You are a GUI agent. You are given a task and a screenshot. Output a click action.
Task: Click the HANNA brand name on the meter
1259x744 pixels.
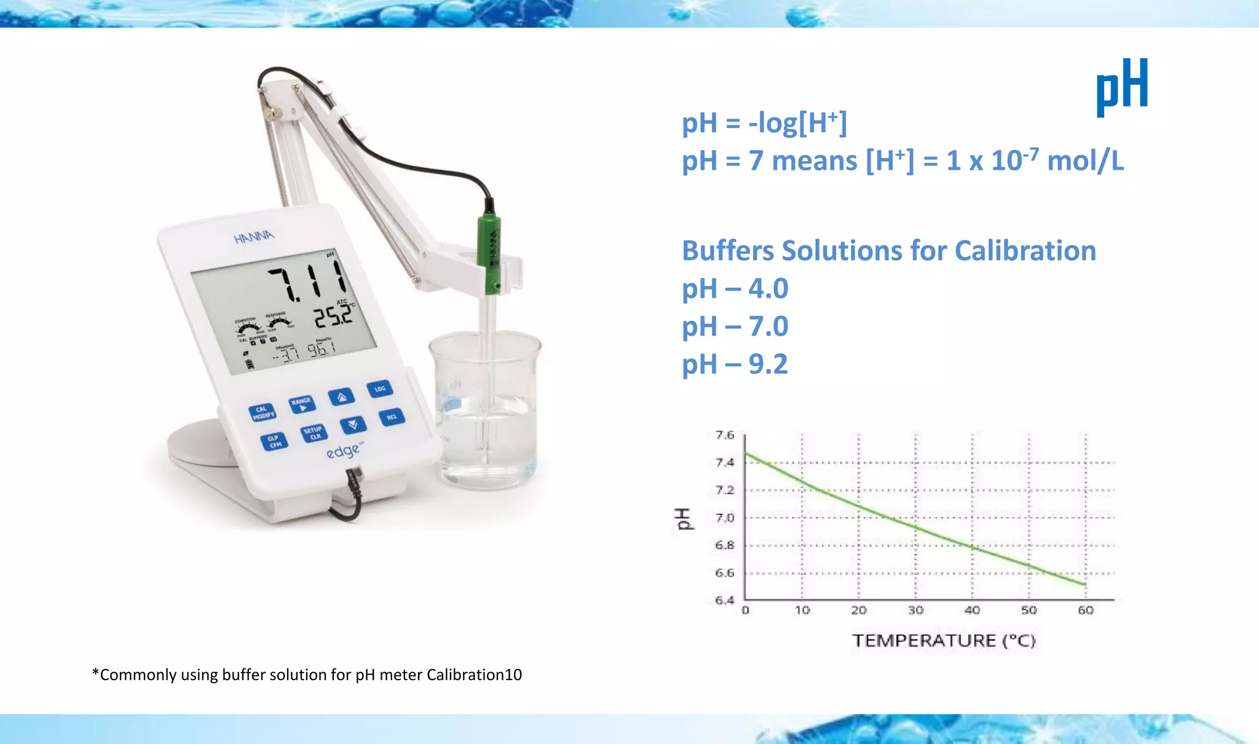(x=254, y=236)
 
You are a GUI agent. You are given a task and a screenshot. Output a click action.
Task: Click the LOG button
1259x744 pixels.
(x=380, y=389)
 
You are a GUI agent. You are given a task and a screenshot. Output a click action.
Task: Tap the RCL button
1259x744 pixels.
(x=392, y=417)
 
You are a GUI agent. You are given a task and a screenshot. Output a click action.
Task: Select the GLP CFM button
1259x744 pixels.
(x=274, y=441)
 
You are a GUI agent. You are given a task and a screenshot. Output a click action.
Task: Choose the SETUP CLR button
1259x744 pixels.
(x=314, y=433)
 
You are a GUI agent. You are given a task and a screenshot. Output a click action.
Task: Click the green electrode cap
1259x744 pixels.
(x=490, y=252)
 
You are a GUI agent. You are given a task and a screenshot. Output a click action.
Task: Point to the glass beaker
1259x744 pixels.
(x=486, y=412)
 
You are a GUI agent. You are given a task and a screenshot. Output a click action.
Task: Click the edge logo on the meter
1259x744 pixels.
(x=343, y=452)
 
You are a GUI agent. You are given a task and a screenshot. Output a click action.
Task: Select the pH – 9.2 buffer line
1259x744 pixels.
(x=735, y=364)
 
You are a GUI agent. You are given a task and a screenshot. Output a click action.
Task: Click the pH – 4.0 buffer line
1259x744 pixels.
(x=735, y=288)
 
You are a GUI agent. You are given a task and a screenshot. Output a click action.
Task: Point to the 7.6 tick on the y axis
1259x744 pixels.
(x=725, y=435)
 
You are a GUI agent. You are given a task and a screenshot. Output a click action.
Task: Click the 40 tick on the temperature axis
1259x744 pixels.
(x=972, y=610)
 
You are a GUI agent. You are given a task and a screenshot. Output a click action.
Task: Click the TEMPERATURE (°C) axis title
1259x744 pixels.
(x=944, y=641)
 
